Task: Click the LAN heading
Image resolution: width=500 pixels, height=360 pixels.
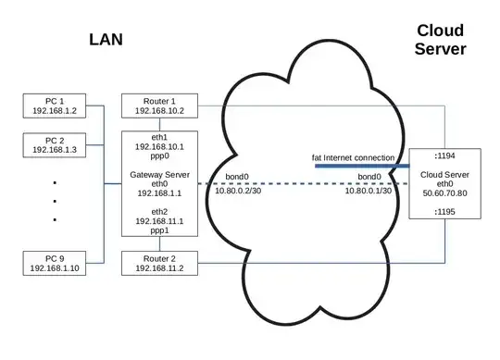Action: pos(107,40)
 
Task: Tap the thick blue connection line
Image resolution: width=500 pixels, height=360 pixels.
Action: pos(361,167)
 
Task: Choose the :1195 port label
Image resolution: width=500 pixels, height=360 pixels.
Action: pos(444,211)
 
